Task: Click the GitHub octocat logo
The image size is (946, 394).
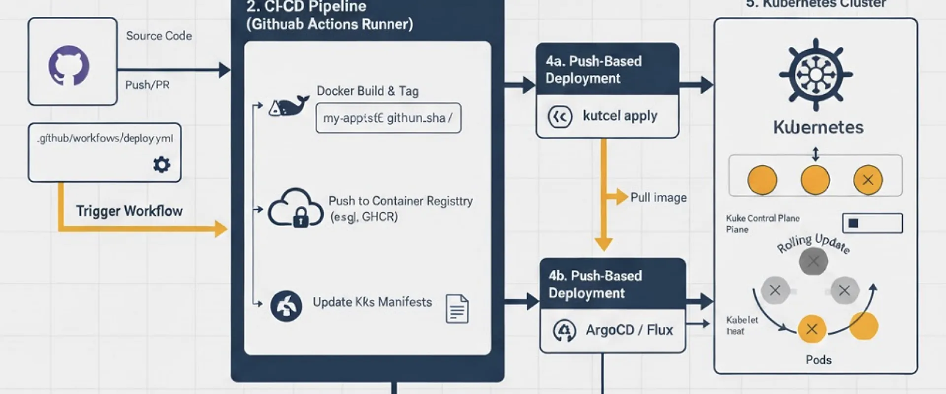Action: coord(69,65)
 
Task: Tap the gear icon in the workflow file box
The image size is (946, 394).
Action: coord(162,164)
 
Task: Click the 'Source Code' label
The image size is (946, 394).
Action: coord(159,36)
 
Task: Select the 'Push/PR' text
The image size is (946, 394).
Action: coord(147,85)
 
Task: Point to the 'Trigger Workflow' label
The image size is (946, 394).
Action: coord(129,211)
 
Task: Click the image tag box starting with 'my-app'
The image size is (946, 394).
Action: coord(388,118)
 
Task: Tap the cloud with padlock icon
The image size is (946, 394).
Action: coord(295,208)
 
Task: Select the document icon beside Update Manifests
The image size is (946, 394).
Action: coord(457,309)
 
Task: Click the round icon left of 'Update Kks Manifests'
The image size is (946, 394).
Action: coord(286,306)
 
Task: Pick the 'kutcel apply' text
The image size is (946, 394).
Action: coord(620,116)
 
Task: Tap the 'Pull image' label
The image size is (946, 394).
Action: coord(658,197)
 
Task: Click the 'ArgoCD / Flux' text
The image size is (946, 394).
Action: coord(629,330)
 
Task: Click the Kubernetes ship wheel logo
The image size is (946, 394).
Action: coord(815,74)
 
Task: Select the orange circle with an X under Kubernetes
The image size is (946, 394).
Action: coord(868,180)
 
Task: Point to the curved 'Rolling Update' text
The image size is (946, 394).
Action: coord(813,243)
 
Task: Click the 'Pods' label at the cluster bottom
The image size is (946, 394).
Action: coord(818,360)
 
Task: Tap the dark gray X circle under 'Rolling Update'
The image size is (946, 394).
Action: coord(813,261)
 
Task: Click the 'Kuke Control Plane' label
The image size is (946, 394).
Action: coord(762,218)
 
